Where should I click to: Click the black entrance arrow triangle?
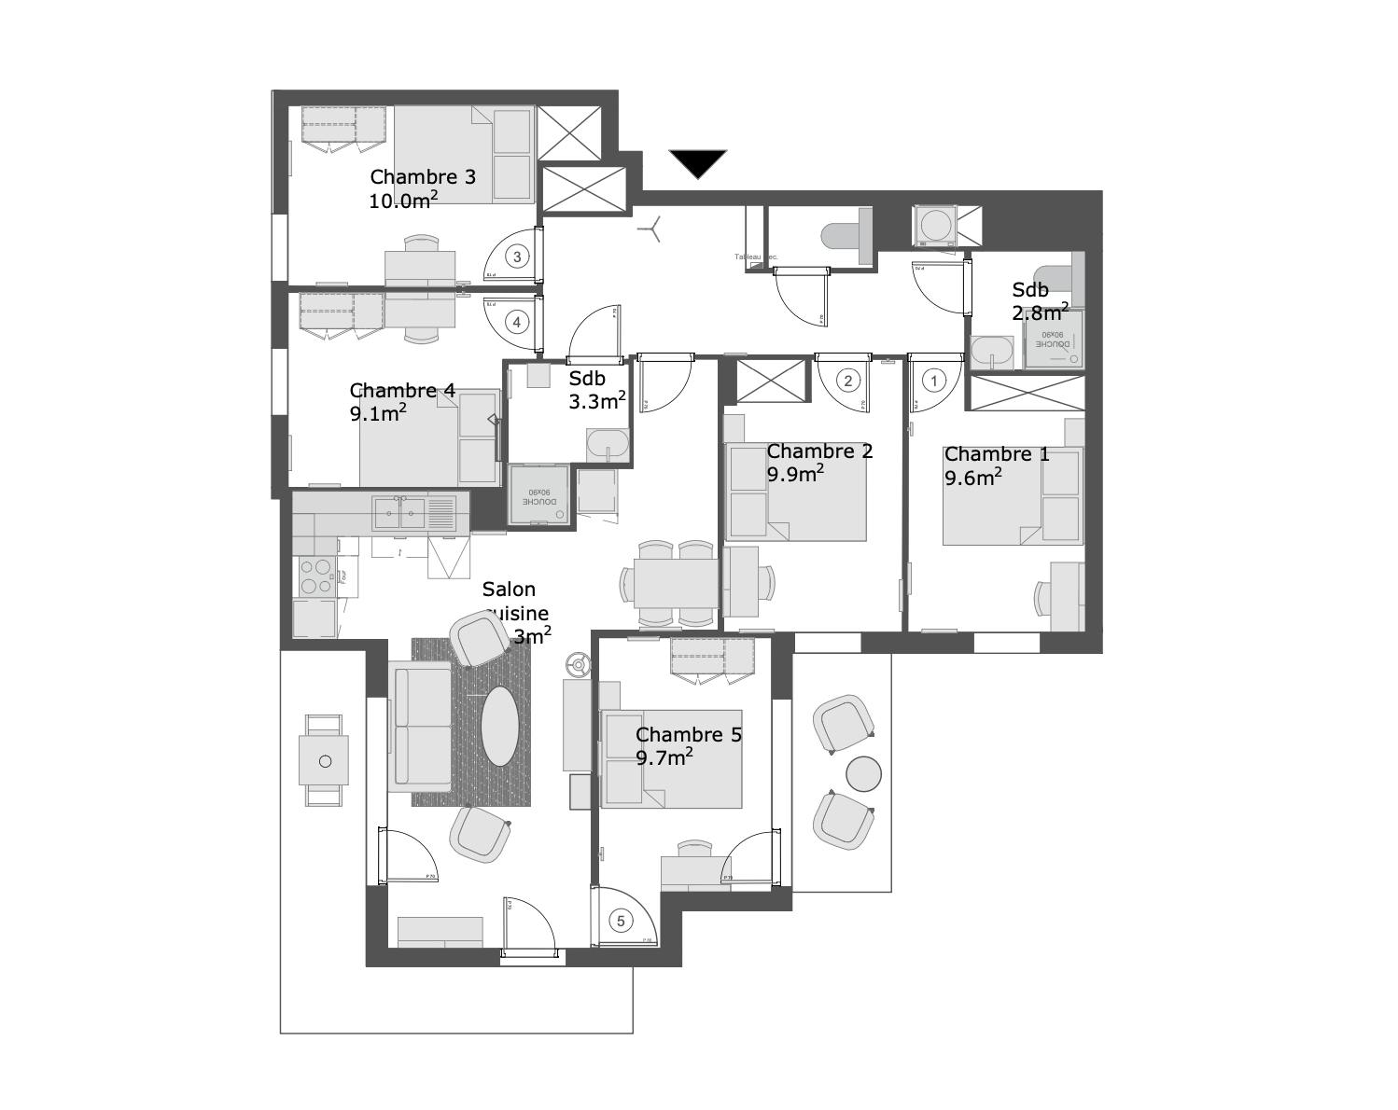(697, 162)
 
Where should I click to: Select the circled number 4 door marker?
(517, 322)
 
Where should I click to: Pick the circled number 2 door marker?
(847, 381)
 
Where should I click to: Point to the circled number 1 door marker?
(933, 381)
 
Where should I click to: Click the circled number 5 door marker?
(621, 921)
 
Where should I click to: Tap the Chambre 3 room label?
(423, 176)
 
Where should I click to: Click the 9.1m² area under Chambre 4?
(378, 413)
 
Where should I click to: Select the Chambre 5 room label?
(689, 735)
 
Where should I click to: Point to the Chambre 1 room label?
(997, 454)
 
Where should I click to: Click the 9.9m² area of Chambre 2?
(795, 474)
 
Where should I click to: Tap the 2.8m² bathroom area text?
(1041, 312)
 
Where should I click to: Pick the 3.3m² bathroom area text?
(597, 401)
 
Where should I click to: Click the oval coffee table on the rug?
(502, 727)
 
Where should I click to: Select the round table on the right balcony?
(863, 772)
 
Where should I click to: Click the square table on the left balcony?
(324, 760)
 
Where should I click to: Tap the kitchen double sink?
(412, 513)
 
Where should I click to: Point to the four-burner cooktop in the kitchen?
(315, 576)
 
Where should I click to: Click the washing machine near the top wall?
(934, 224)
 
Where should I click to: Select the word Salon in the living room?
(509, 590)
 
